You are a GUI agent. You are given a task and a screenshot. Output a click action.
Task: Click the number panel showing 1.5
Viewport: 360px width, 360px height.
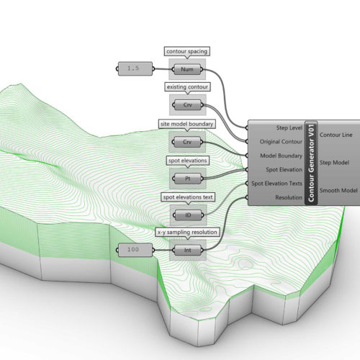click(135, 69)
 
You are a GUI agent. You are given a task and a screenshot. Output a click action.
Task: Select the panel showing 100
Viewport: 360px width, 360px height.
click(135, 250)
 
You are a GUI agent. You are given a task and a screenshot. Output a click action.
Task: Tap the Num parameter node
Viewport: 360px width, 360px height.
click(187, 69)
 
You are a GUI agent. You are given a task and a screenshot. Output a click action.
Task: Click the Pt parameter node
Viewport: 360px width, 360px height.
click(188, 179)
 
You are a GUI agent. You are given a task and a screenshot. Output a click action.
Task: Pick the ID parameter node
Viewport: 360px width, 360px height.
click(188, 215)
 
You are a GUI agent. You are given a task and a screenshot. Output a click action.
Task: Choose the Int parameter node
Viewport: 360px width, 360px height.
click(188, 251)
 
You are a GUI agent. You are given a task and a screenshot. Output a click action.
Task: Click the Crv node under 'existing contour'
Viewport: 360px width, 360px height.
click(188, 105)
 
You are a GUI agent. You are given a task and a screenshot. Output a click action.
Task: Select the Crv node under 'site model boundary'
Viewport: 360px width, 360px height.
click(187, 142)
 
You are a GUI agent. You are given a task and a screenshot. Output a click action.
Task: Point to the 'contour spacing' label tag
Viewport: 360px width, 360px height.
click(187, 51)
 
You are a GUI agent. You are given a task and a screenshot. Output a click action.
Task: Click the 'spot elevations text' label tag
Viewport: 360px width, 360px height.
click(188, 197)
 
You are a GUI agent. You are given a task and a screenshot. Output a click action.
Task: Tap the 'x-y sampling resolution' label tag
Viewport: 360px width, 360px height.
click(187, 233)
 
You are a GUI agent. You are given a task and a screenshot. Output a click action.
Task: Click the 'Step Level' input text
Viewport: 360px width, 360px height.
click(289, 128)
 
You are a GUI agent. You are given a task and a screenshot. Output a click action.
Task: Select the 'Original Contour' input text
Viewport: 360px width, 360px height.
click(281, 142)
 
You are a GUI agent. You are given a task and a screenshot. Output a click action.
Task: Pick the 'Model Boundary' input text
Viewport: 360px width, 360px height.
click(282, 156)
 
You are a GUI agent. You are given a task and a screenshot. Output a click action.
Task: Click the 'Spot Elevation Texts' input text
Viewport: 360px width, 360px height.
click(276, 184)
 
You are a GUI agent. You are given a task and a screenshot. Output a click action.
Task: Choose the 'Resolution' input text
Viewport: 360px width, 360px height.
click(289, 198)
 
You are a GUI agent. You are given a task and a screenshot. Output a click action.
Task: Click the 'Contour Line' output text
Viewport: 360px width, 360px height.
click(336, 135)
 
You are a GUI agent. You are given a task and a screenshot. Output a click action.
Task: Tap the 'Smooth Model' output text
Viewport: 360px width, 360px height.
click(338, 191)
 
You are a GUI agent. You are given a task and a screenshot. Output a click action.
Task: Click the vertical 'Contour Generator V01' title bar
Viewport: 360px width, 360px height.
click(311, 163)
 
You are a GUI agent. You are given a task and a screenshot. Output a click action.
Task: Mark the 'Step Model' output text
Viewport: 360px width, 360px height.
click(334, 163)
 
